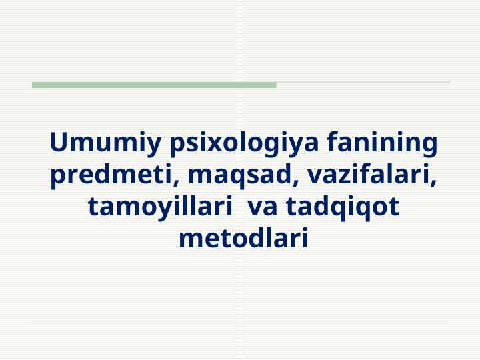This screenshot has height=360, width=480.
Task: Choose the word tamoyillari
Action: click(159, 207)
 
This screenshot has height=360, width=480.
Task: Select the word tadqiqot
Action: click(343, 207)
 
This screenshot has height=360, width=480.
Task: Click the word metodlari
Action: click(243, 238)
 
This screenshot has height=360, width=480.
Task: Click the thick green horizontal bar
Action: click(154, 85)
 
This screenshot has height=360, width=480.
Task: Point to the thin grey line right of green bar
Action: click(363, 82)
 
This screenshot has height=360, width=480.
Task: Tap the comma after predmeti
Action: click(176, 183)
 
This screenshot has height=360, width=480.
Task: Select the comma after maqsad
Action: click(295, 183)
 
